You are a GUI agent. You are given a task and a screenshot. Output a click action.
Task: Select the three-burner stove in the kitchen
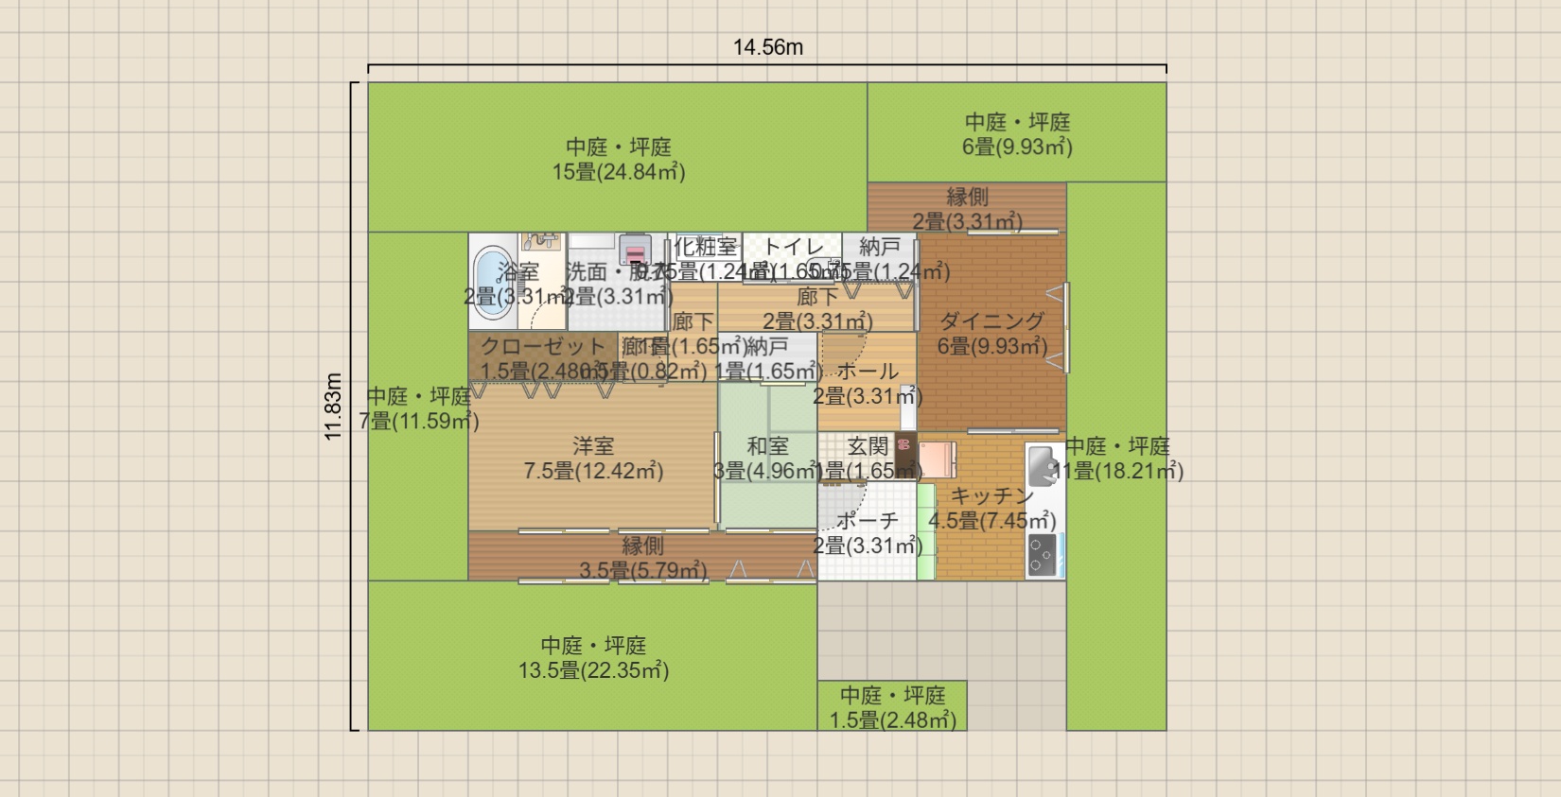point(1043,555)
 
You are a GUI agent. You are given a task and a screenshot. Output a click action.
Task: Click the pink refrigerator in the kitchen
point(938,460)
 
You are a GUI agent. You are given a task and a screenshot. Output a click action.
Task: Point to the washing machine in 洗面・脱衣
point(635,251)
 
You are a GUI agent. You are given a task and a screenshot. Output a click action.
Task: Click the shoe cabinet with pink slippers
point(905,455)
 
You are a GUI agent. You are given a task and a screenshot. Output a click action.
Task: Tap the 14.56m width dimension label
point(767,47)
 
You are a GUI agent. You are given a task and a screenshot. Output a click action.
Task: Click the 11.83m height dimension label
point(333,407)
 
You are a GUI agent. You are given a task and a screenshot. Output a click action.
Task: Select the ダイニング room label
point(991,321)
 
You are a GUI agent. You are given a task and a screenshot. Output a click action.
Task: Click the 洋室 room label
point(593,446)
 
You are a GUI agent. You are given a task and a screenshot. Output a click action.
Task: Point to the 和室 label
point(767,446)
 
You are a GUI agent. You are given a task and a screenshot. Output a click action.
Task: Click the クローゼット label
point(542,346)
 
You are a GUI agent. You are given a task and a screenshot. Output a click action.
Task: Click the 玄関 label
point(868,446)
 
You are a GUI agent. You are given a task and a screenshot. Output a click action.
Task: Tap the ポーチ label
point(867,521)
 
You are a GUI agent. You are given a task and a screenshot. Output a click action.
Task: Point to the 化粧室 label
point(706,247)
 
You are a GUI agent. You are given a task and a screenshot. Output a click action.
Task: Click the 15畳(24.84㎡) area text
point(619,172)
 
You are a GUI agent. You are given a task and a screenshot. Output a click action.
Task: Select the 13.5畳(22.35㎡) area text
point(593,670)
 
